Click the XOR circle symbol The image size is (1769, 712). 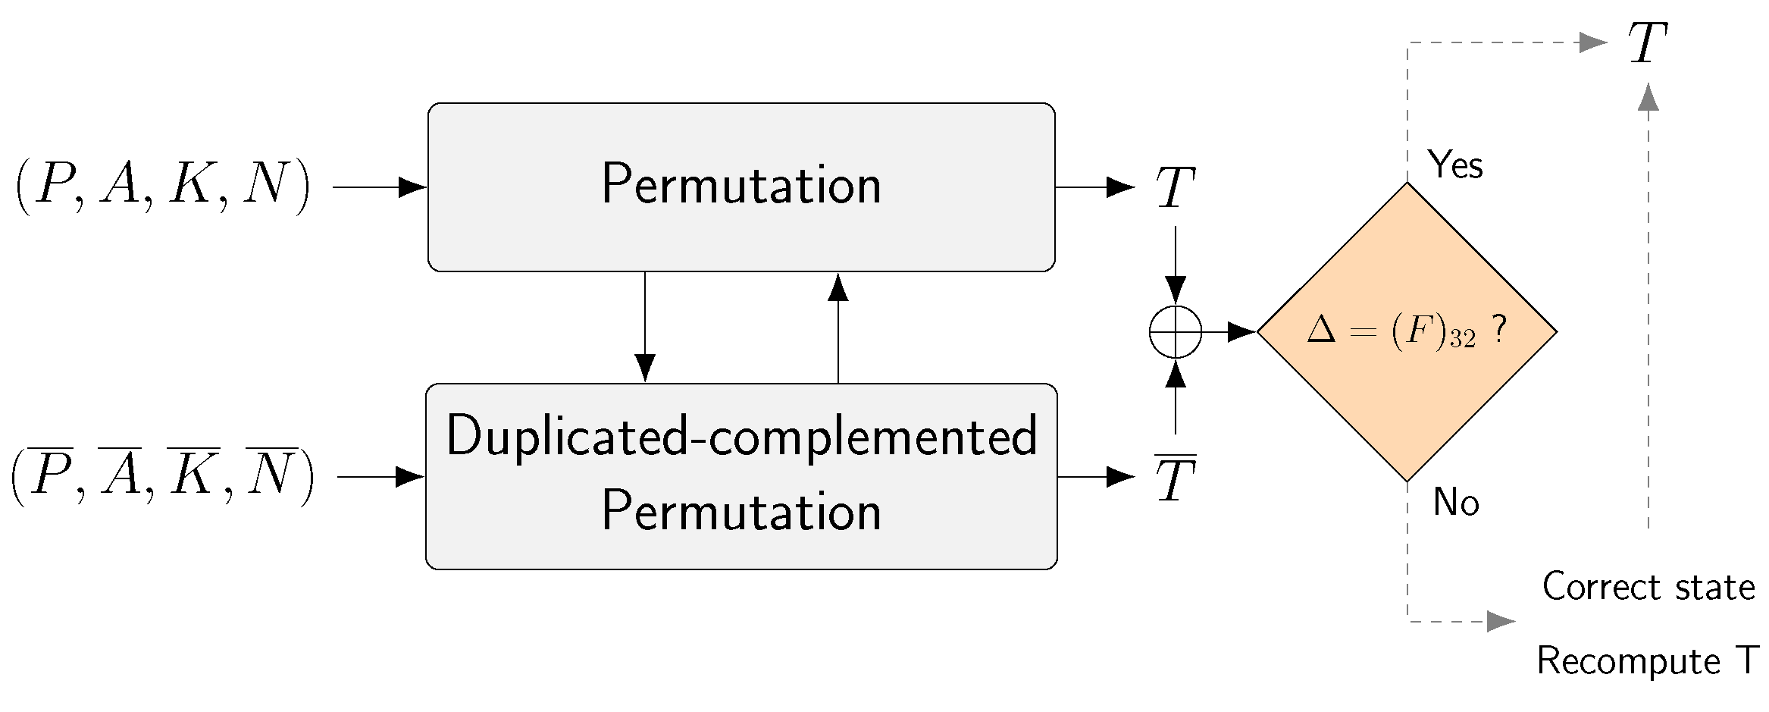coord(1175,331)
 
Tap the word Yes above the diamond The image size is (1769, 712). coord(1454,165)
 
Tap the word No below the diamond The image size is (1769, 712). coord(1455,502)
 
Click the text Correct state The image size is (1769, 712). coord(1648,587)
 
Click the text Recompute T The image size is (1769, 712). coord(1646,660)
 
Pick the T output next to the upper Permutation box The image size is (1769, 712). coord(1175,187)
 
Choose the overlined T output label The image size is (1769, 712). coord(1175,478)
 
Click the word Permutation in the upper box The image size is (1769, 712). coord(741,184)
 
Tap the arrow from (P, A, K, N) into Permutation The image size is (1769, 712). coord(379,187)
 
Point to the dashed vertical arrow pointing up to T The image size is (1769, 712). coord(1648,303)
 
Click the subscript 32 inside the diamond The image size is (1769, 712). coord(1463,339)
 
